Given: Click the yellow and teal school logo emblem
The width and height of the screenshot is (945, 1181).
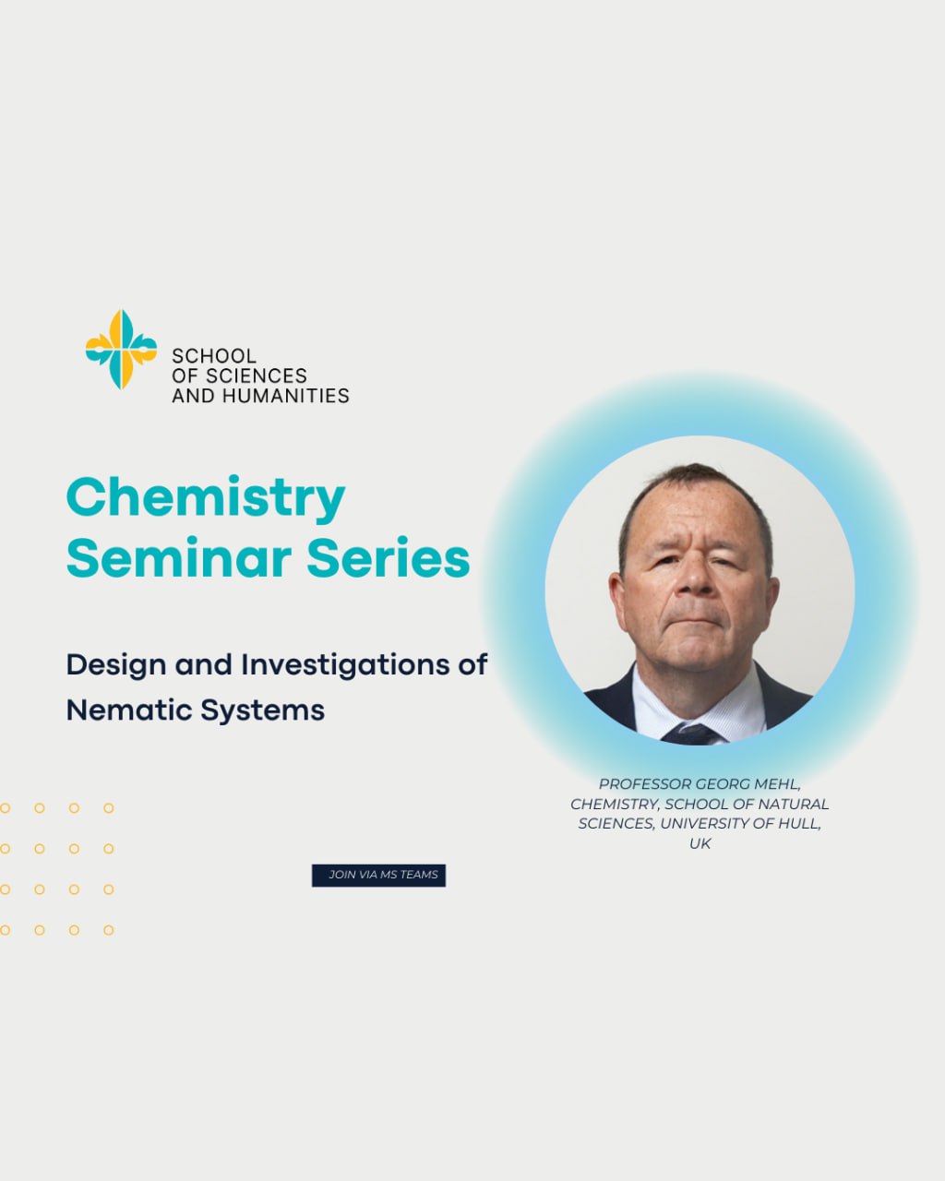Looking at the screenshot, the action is point(121,350).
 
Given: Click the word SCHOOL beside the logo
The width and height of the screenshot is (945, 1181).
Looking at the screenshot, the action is point(214,356).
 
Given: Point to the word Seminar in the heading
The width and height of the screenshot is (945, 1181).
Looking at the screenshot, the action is point(179,559).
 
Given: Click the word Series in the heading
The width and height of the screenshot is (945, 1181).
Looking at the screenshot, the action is point(388,559).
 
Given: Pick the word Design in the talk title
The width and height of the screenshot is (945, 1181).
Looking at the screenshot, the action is point(116,665).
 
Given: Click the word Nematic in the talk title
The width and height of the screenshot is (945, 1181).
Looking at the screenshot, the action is point(128,710).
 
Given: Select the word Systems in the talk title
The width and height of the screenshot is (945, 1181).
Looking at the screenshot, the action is point(262,710).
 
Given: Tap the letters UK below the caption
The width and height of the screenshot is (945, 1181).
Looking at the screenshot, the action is point(700,843).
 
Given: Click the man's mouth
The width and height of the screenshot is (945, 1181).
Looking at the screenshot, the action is point(695,619).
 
